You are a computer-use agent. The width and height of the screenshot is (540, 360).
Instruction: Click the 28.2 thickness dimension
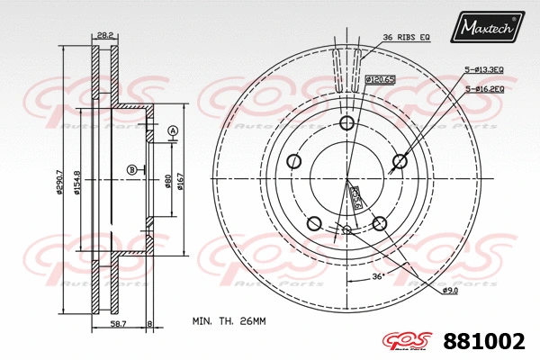tap(105, 36)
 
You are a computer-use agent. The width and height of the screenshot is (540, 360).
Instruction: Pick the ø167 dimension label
tap(181, 183)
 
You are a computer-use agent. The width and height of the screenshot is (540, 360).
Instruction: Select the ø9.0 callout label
tap(450, 291)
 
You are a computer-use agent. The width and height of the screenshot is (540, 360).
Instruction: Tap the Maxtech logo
tap(490, 27)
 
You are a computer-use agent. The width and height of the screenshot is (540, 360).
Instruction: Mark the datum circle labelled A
tap(172, 131)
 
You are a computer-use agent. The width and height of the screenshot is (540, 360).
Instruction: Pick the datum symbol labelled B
tap(131, 169)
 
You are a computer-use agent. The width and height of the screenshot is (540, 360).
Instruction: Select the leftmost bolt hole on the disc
tap(293, 162)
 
